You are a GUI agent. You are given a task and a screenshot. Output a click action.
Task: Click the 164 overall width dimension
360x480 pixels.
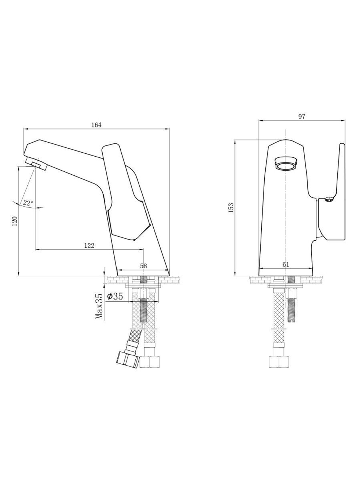click(96, 125)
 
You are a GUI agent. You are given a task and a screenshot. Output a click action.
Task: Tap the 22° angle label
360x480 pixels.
click(28, 203)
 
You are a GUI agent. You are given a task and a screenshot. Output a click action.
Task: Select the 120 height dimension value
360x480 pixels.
click(15, 221)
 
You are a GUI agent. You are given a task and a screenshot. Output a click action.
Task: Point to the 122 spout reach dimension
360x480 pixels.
click(89, 246)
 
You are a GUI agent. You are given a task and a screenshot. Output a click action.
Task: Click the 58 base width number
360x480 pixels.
click(143, 266)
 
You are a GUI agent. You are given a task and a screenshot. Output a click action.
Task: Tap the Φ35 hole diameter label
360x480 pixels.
click(115, 296)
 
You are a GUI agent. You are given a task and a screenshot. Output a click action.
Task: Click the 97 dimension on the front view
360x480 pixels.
click(302, 116)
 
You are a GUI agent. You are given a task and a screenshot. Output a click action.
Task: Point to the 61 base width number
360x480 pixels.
click(286, 264)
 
